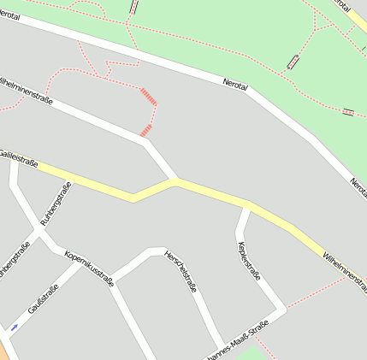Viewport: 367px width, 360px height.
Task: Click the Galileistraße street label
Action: point(19,157)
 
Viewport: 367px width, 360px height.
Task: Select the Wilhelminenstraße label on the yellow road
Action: point(345,271)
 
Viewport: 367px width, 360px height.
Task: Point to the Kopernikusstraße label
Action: point(89,268)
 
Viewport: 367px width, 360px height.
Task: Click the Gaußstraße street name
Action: point(43,300)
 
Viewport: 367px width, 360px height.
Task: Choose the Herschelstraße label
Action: point(181,271)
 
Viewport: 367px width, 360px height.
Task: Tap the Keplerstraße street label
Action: point(247,260)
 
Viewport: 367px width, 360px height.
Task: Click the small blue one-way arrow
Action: point(15,327)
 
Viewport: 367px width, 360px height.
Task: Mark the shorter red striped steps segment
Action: point(145,130)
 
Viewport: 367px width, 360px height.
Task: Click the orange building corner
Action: point(3,350)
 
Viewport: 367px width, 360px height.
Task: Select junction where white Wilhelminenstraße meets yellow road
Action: point(176,181)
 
